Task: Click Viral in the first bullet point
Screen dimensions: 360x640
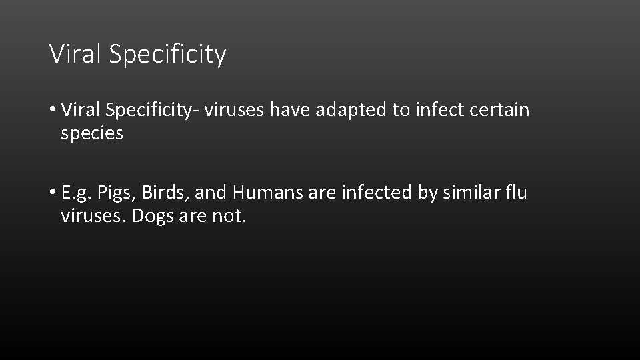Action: pos(79,109)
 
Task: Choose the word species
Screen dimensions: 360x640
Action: pos(92,134)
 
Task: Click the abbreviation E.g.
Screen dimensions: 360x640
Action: pos(77,194)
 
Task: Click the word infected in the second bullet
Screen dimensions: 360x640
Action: pos(373,193)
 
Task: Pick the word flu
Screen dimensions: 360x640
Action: pos(517,193)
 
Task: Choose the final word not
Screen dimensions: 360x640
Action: pos(230,217)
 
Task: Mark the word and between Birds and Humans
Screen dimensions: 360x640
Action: pos(213,193)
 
